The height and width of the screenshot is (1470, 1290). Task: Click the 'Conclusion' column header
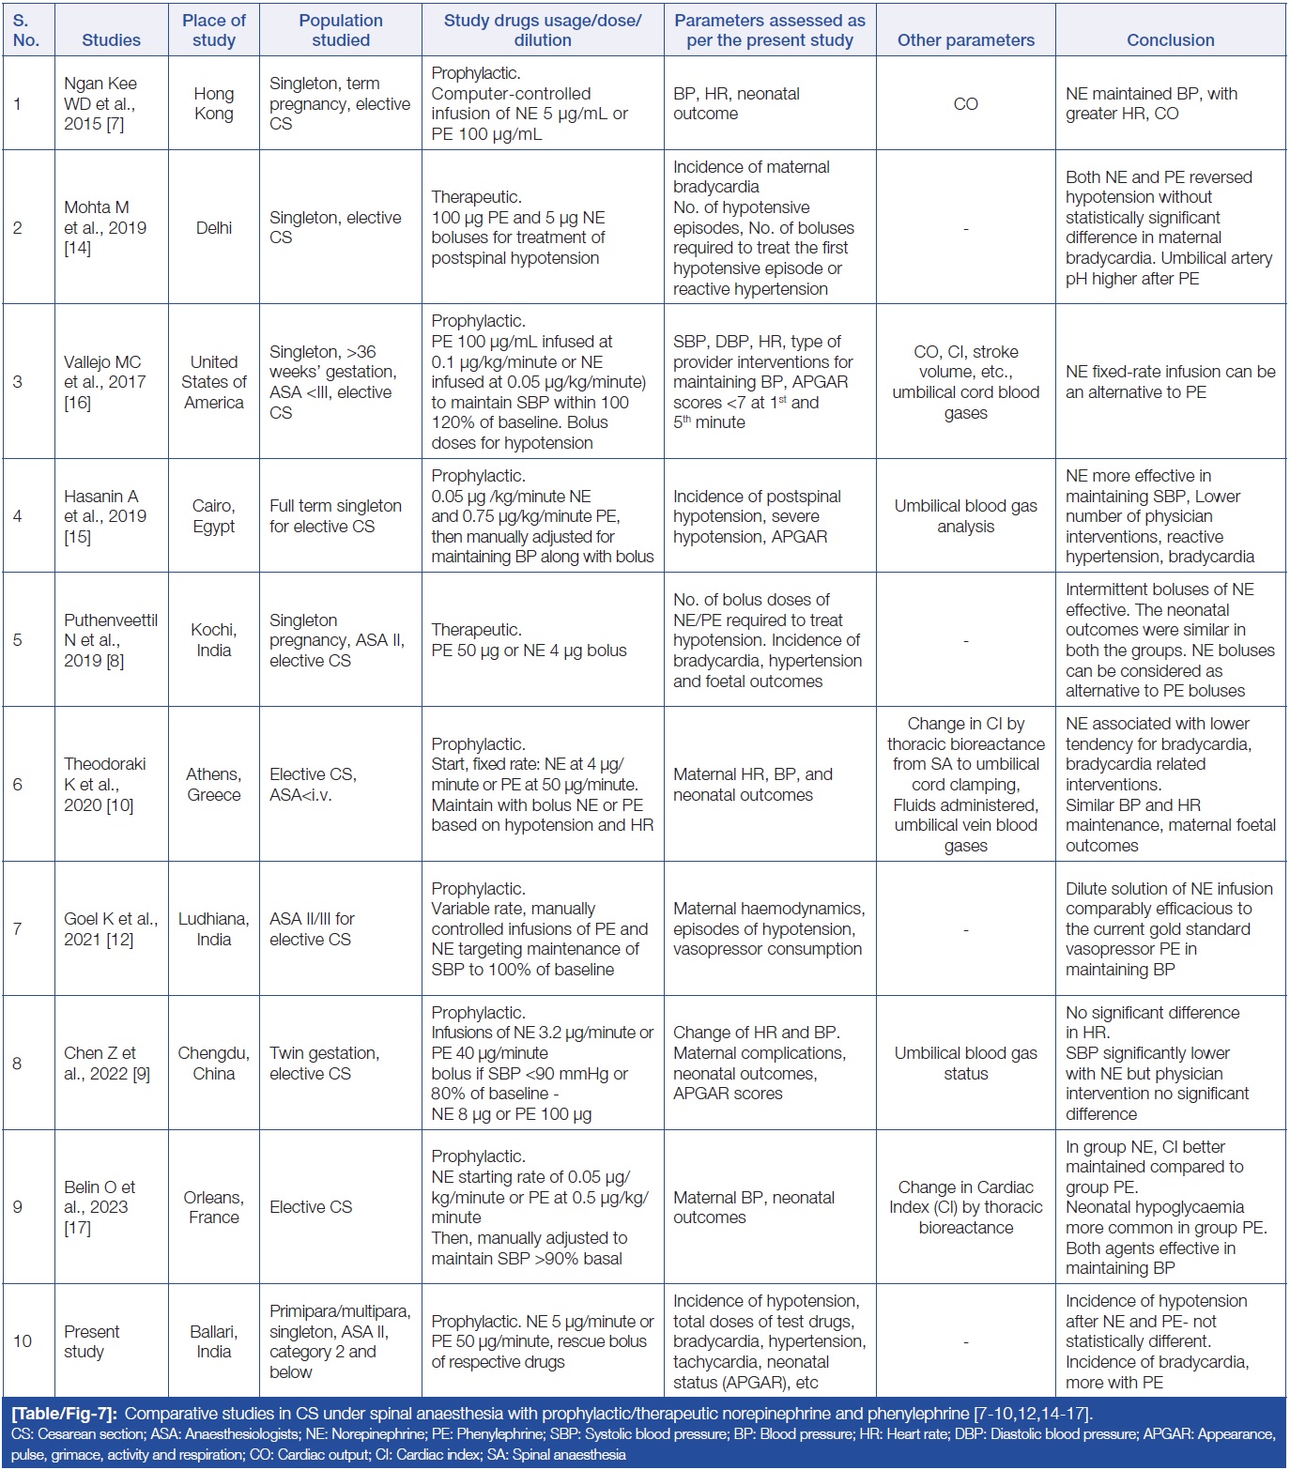click(x=1170, y=40)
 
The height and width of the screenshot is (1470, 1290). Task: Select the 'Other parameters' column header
click(x=965, y=40)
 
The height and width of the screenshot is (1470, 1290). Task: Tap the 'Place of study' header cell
click(x=214, y=30)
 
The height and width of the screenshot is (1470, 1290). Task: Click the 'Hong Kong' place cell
click(x=214, y=103)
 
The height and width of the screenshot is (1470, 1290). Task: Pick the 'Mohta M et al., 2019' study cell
click(x=105, y=227)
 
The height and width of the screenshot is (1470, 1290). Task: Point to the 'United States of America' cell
click(x=214, y=382)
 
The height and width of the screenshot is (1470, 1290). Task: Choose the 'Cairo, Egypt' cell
click(x=214, y=516)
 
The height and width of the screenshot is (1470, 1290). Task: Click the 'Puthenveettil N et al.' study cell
click(x=110, y=640)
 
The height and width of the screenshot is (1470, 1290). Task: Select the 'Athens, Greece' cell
click(x=214, y=785)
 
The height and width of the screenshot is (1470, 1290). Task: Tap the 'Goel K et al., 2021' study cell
click(x=110, y=929)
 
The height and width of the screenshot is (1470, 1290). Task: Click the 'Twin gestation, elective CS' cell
click(x=325, y=1064)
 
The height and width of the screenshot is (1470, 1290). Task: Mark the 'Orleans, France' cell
click(x=214, y=1207)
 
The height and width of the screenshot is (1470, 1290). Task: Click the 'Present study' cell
click(x=91, y=1341)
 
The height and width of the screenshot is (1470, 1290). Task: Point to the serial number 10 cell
click(x=23, y=1341)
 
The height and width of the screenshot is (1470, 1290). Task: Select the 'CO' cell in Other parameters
click(x=965, y=104)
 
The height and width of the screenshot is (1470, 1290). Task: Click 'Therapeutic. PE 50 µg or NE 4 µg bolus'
click(x=529, y=640)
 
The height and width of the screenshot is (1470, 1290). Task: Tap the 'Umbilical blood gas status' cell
click(x=965, y=1064)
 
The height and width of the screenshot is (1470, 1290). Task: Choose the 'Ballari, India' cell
click(x=214, y=1341)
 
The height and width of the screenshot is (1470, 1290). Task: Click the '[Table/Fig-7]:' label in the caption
click(x=64, y=1414)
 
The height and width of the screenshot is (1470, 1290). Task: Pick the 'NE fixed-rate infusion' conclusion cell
click(x=1170, y=382)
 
